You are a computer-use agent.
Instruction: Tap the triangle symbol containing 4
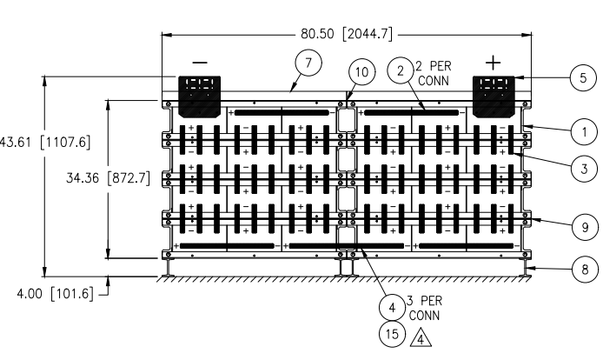coord(421,339)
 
